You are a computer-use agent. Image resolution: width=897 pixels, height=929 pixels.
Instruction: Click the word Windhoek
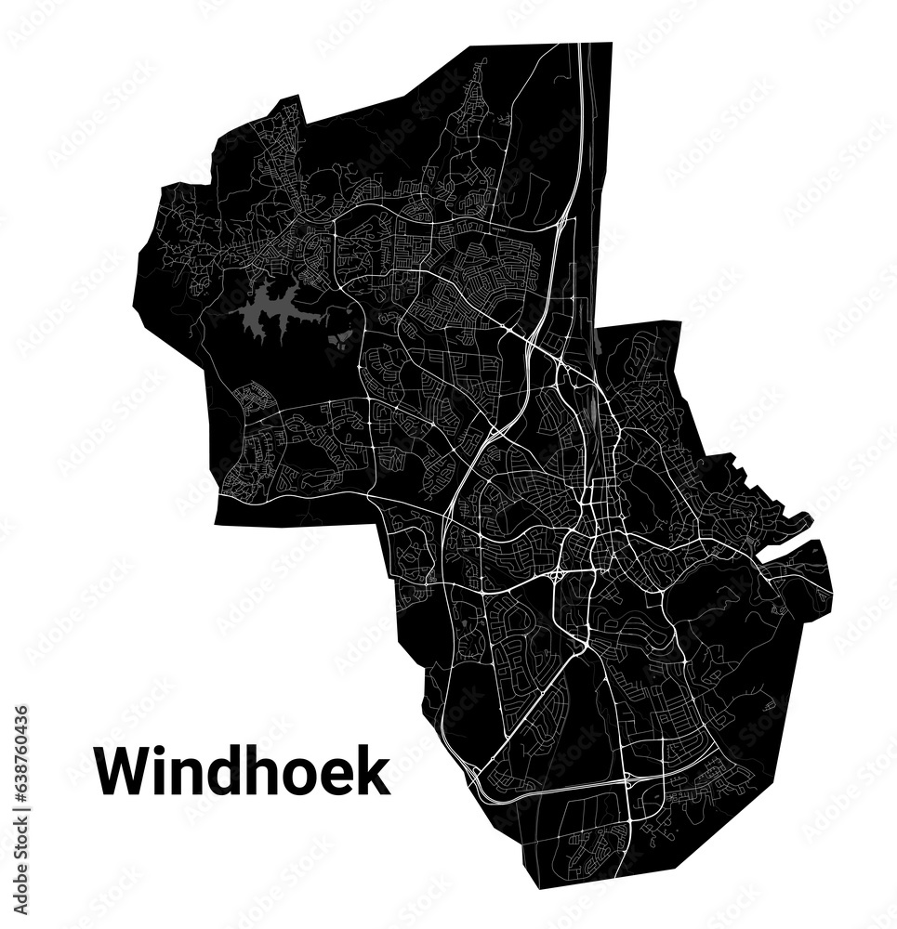(243, 772)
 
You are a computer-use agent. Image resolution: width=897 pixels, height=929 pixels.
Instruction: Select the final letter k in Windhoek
(373, 772)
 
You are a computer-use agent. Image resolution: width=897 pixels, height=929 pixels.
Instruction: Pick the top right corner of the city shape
(612, 43)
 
